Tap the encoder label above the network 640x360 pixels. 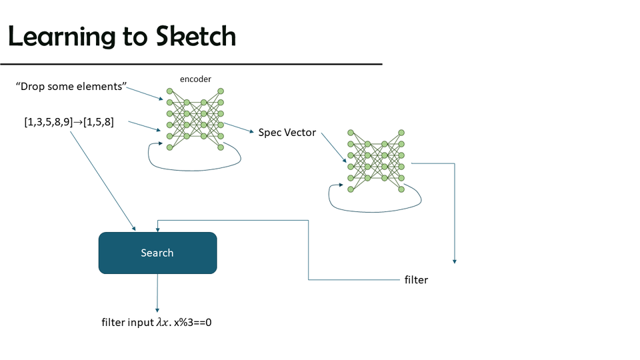195,79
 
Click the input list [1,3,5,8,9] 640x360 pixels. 48,122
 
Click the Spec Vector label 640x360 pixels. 287,132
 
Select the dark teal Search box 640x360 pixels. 157,253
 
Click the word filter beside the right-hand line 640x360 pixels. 416,280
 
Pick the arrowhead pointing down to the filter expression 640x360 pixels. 157,309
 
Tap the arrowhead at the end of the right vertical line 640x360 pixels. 454,261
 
